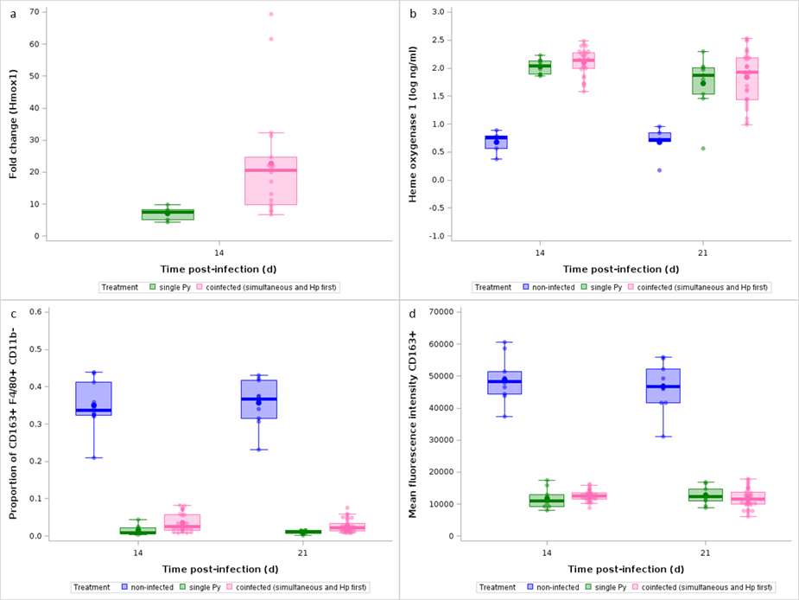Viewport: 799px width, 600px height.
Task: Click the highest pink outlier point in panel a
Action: point(271,14)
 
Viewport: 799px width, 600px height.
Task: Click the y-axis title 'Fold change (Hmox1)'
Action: point(13,122)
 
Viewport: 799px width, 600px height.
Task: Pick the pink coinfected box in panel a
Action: point(271,181)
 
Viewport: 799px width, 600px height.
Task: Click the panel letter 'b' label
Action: point(413,14)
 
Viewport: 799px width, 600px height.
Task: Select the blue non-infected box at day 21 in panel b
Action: point(660,137)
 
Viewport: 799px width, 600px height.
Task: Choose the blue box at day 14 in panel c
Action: point(94,399)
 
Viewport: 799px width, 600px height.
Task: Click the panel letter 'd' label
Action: point(413,314)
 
